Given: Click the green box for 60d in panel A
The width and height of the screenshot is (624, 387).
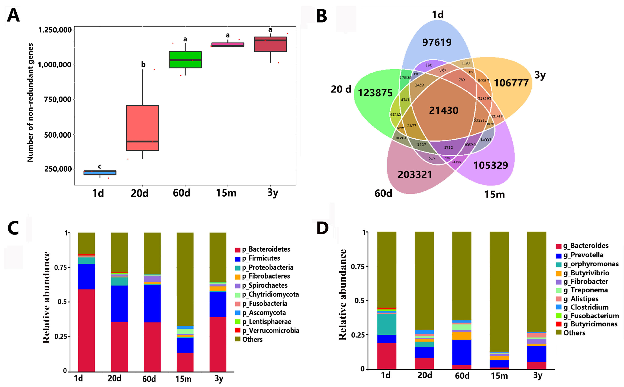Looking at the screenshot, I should coord(185,60).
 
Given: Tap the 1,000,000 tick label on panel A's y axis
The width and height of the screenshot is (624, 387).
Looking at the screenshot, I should coord(54,65).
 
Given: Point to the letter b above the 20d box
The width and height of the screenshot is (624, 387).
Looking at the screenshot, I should coord(143,64).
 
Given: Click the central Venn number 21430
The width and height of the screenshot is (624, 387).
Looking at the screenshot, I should coord(444,110).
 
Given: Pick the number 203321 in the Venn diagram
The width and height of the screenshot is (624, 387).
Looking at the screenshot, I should coord(415,175).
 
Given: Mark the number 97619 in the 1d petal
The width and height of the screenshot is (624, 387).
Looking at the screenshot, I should coord(437,42).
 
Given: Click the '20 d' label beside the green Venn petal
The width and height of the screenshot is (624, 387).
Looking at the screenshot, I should coord(341,89).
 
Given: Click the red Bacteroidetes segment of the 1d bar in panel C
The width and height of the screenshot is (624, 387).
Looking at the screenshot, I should coord(86,330).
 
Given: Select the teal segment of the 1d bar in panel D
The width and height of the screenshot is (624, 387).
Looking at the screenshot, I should coord(387,324).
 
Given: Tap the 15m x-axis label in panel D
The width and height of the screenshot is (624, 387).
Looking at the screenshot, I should coord(499,376).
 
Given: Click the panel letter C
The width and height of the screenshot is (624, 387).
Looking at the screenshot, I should coord(13,228).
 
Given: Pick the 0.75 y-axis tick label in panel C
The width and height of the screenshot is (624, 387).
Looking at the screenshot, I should coord(60,267).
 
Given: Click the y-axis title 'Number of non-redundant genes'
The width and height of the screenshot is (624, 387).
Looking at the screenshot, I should coord(30,102).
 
